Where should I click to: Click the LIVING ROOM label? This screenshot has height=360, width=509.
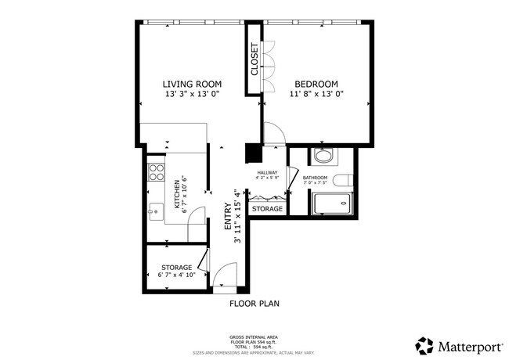tap(192, 84)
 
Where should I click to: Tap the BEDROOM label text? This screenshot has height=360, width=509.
tap(316, 84)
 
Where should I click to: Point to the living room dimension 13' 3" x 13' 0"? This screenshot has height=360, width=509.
tap(192, 95)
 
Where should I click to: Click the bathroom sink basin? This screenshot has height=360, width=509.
tap(323, 156)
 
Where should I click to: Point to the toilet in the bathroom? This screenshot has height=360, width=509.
tap(341, 181)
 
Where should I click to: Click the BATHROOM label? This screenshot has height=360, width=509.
tap(315, 178)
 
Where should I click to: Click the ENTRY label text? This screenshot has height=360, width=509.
tap(228, 216)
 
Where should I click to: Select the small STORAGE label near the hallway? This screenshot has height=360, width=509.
tap(267, 209)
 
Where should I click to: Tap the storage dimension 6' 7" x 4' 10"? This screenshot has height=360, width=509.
tap(176, 276)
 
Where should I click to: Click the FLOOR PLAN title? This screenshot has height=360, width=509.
tap(254, 303)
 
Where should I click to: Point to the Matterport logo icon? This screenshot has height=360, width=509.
tap(424, 345)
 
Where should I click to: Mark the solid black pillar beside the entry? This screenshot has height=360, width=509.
tap(252, 153)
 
